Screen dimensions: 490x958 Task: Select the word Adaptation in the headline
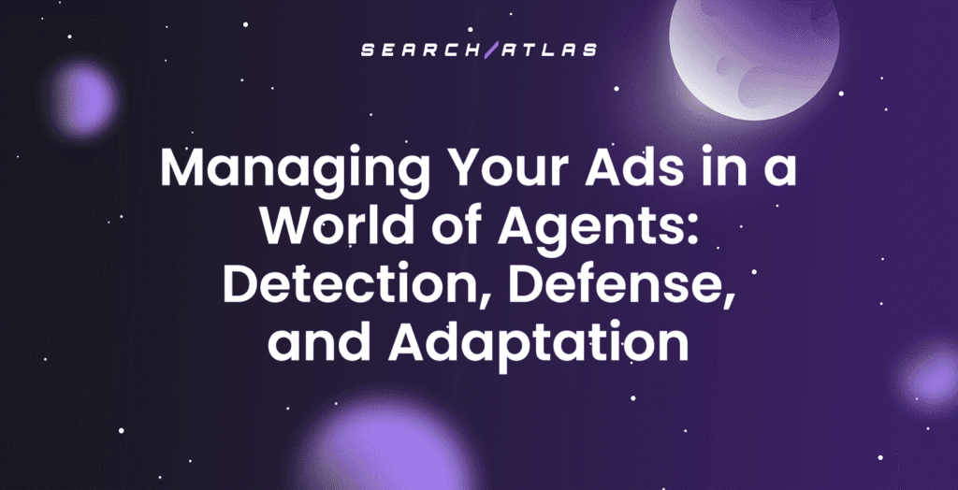tap(538, 343)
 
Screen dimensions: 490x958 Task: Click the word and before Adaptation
tap(321, 343)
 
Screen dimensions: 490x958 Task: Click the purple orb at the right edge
tap(931, 379)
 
